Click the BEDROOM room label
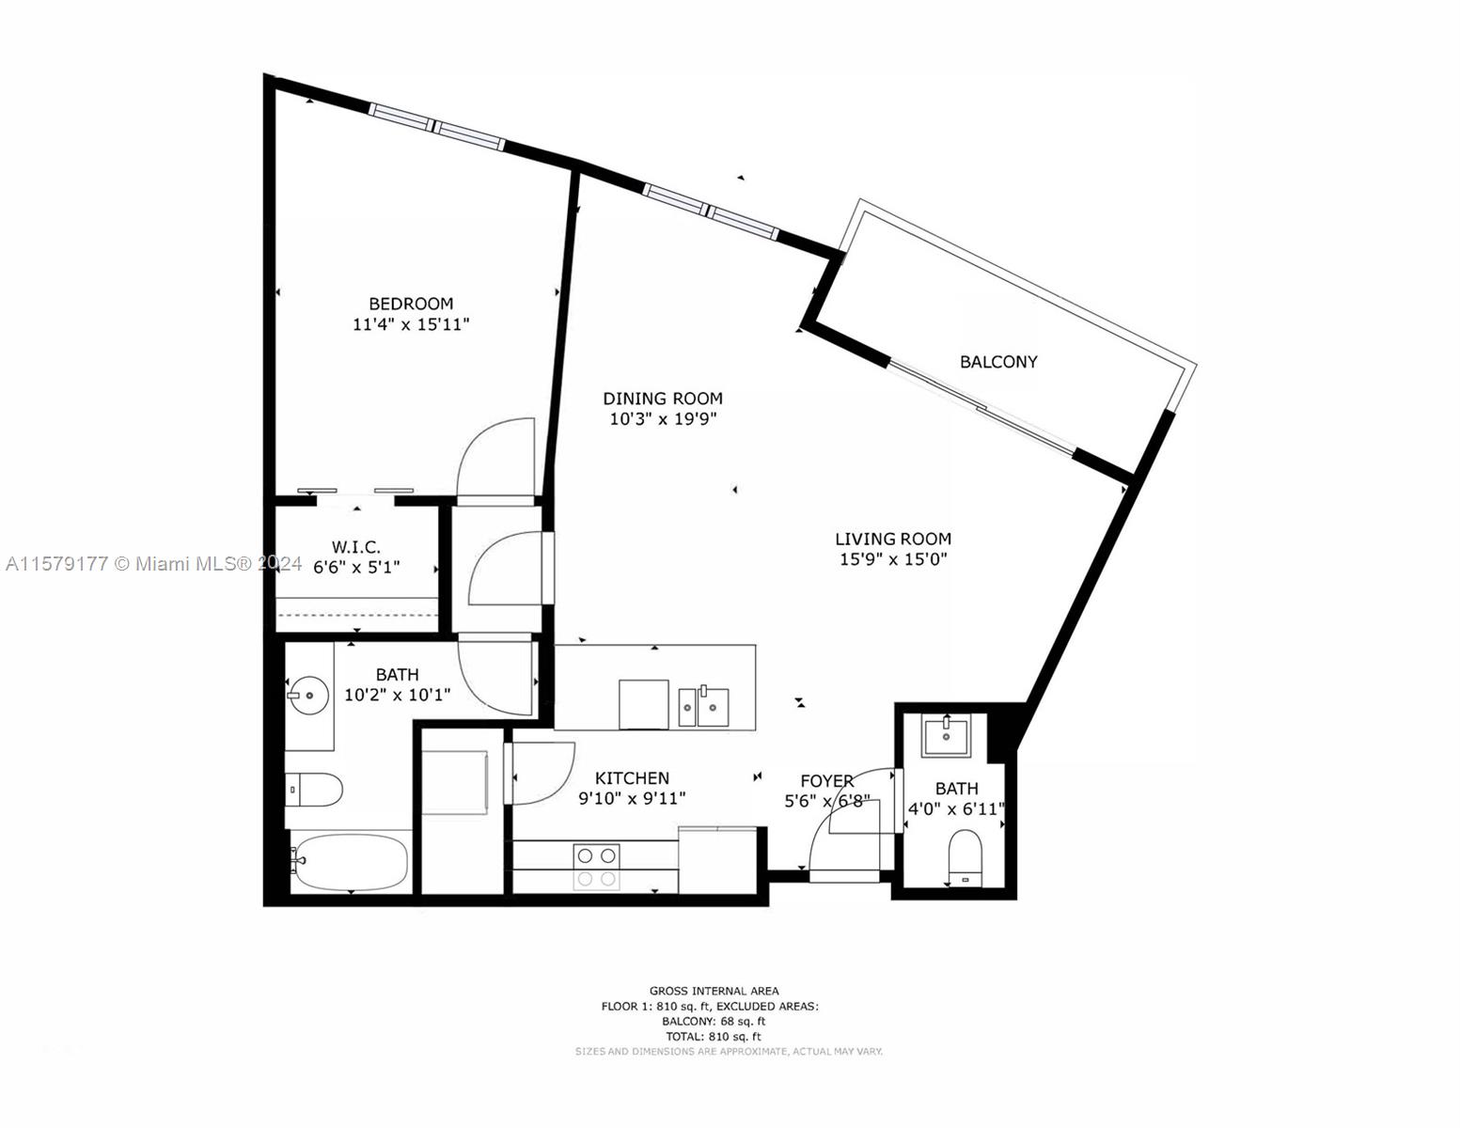[x=411, y=304]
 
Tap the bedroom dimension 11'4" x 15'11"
[x=411, y=324]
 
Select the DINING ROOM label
[x=663, y=399]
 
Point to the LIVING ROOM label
[x=893, y=539]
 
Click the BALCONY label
[x=998, y=362]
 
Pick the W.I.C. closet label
[x=356, y=547]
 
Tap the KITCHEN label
[x=632, y=778]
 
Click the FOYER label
[x=826, y=781]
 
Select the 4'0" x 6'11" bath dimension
[x=956, y=809]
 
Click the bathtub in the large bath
[x=350, y=862]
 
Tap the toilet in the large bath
[x=315, y=791]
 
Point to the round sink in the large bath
[x=308, y=697]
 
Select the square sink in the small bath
[x=946, y=736]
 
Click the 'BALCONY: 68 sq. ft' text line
[x=714, y=1021]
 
